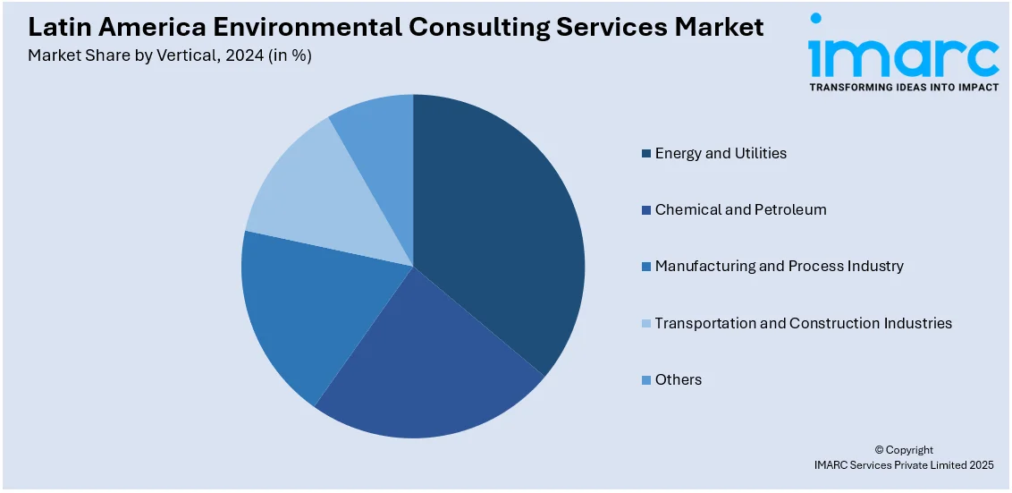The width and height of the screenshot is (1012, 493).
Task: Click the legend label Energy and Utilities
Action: (x=721, y=153)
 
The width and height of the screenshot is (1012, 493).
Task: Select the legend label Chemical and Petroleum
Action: (x=740, y=209)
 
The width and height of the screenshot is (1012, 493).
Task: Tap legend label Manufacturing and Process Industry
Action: (x=779, y=266)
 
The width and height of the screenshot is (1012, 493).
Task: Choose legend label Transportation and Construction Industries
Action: (x=803, y=323)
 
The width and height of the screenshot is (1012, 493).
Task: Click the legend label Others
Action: (x=678, y=379)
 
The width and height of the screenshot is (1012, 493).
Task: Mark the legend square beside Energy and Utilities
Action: (x=645, y=154)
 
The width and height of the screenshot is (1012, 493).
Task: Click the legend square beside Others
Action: (x=645, y=380)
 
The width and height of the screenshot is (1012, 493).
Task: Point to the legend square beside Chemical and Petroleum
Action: (x=645, y=210)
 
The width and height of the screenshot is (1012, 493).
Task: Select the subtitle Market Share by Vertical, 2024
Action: (x=170, y=55)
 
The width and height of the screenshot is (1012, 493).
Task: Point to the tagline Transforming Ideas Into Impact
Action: (x=903, y=88)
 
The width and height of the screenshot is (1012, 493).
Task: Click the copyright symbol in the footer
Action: (x=879, y=450)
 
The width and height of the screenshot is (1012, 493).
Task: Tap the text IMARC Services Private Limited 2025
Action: (x=903, y=464)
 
